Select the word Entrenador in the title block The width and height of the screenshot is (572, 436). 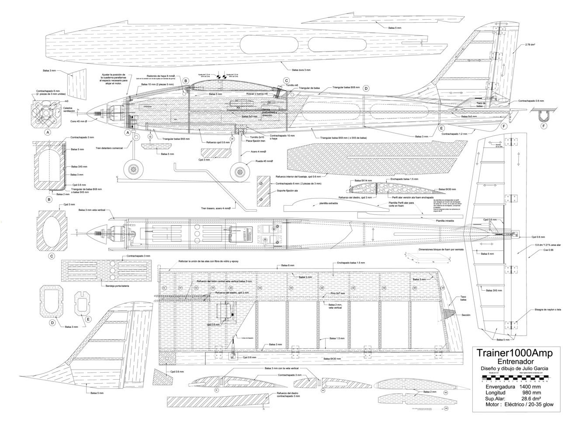tap(516, 362)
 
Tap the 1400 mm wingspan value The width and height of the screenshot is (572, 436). tap(530, 387)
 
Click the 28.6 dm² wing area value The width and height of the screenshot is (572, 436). tap(528, 399)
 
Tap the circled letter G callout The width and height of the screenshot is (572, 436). tap(150, 137)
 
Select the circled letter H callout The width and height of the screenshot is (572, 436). tap(232, 139)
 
